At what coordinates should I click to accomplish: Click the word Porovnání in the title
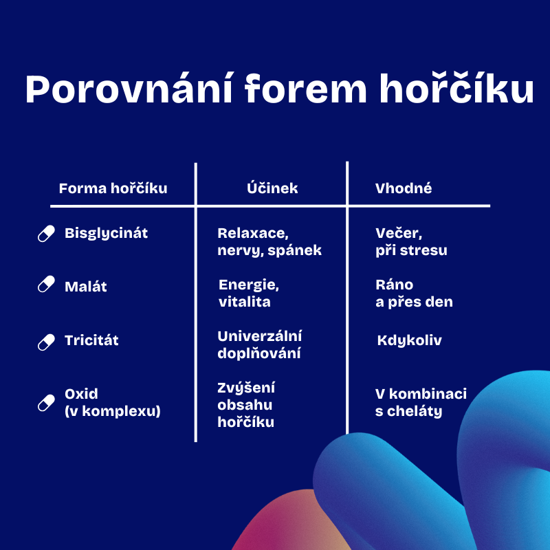coord(129,89)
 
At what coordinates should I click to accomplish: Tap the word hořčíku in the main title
coord(456,89)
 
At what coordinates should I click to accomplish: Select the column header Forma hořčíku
coord(113,188)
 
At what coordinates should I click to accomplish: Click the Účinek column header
coord(272,188)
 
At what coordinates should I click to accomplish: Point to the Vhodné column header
coord(404,188)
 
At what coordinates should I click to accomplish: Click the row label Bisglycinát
coord(106,234)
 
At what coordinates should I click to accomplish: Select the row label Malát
coord(85,286)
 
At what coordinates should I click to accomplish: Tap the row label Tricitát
coord(91,340)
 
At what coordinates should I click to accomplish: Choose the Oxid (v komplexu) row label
coord(113,402)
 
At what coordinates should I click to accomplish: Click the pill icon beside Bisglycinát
coord(46,234)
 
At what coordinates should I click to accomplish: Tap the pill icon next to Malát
coord(46,284)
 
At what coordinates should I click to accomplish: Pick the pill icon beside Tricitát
coord(46,342)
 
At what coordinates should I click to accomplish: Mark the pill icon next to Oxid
coord(46,403)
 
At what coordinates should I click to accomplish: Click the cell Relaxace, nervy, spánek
coord(269,242)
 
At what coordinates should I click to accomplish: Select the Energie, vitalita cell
coord(249,294)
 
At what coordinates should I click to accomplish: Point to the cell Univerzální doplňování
coord(260,345)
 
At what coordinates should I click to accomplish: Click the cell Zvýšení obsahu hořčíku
coord(246,405)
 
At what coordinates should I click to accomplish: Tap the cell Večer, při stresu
coord(411,242)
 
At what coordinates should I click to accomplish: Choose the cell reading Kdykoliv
coord(409,340)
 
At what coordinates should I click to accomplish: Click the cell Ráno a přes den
coord(414,294)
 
